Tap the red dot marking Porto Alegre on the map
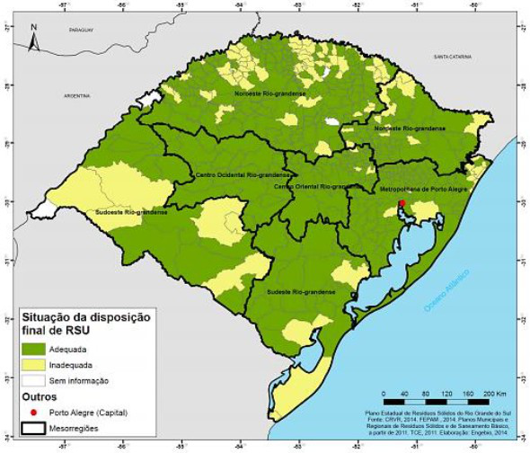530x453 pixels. [402, 204]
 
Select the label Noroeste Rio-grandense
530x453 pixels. [270, 93]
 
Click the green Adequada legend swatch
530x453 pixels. [39, 346]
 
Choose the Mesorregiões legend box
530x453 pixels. [39, 429]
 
